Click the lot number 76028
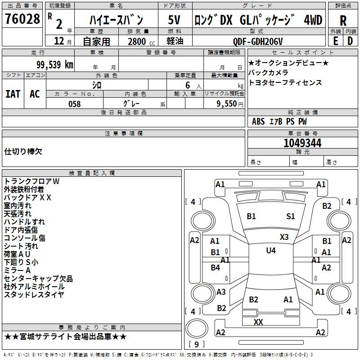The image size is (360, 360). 22,20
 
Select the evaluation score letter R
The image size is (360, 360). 343,21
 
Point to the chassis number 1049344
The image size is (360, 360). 302,143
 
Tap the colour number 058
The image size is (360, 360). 74,104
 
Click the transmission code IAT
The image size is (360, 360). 13,94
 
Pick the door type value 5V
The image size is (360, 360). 174,20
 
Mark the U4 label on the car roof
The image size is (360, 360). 271,250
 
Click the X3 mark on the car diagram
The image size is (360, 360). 284,237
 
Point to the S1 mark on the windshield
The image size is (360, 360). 291,216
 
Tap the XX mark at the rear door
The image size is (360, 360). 258,322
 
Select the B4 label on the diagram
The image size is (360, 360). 216,268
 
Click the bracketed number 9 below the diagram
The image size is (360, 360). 196,345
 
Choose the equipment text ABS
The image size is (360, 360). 258,121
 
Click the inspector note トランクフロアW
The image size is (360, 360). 31,181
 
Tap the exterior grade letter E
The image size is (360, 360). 335,41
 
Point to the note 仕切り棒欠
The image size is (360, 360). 23,151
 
